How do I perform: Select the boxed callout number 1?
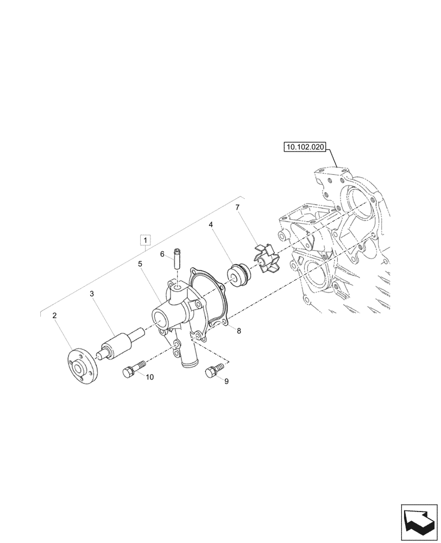146,239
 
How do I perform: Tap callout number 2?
54,315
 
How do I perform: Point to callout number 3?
92,294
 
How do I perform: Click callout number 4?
211,224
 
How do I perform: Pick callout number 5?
140,263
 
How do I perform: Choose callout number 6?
162,254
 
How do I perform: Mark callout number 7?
237,208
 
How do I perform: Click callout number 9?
226,381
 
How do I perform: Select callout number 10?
149,377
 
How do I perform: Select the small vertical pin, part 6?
177,257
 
